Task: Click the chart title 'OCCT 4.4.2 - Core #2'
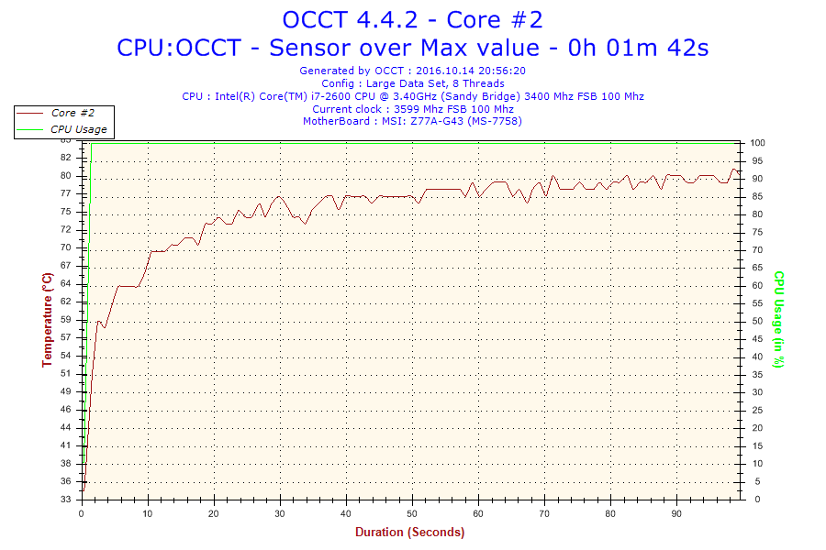click(x=412, y=18)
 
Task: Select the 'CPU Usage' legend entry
click(x=78, y=129)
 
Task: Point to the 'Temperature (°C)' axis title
click(x=47, y=320)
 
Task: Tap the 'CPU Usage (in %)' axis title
click(x=778, y=320)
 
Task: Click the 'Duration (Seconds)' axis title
click(x=410, y=532)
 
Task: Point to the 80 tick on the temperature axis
click(x=65, y=176)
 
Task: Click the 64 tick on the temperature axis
click(x=65, y=284)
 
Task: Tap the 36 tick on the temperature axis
click(x=65, y=481)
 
